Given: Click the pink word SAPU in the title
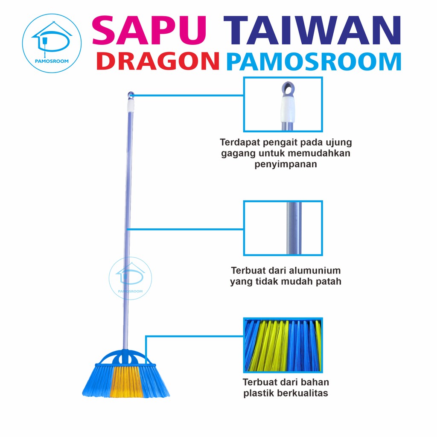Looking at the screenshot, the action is tap(149, 30).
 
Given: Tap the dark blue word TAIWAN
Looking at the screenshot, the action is tap(312, 30).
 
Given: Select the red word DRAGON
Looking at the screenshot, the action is tap(158, 61).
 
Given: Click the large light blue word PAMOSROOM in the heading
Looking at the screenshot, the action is tap(314, 61).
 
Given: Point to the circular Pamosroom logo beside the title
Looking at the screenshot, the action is tap(52, 43).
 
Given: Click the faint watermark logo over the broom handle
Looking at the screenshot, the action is tap(130, 278).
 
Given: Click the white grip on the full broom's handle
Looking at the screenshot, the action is tap(131, 105).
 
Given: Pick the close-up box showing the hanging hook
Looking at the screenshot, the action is tap(283, 104).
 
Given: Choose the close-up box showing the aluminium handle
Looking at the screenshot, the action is tap(283, 228).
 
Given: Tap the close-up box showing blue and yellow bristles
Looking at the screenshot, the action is tap(283, 345).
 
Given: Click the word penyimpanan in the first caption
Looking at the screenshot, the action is tap(286, 164).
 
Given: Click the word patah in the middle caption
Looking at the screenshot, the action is tap(329, 282).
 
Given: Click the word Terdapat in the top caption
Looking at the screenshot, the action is tap(240, 143).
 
